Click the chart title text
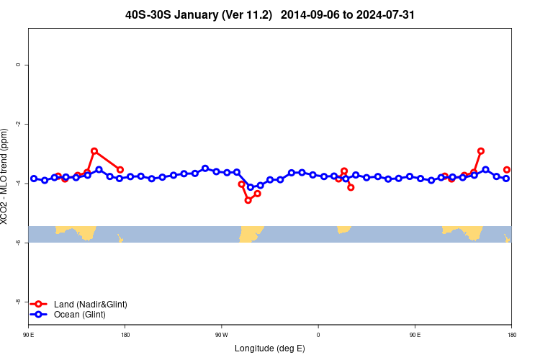coord(270,14)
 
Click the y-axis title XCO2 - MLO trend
coord(6,176)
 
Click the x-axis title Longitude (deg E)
coord(270,348)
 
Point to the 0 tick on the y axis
coord(18,65)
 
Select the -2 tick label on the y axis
coord(18,124)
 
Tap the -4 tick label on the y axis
coord(18,184)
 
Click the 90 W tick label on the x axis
coord(220,335)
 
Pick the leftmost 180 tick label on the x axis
coord(125,335)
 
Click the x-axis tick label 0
coord(318,335)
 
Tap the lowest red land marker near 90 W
coord(248,200)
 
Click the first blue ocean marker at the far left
coord(34,179)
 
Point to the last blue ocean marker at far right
coord(506,179)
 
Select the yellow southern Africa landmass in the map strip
coord(343,229)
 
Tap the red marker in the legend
coord(40,305)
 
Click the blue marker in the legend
coord(40,315)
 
